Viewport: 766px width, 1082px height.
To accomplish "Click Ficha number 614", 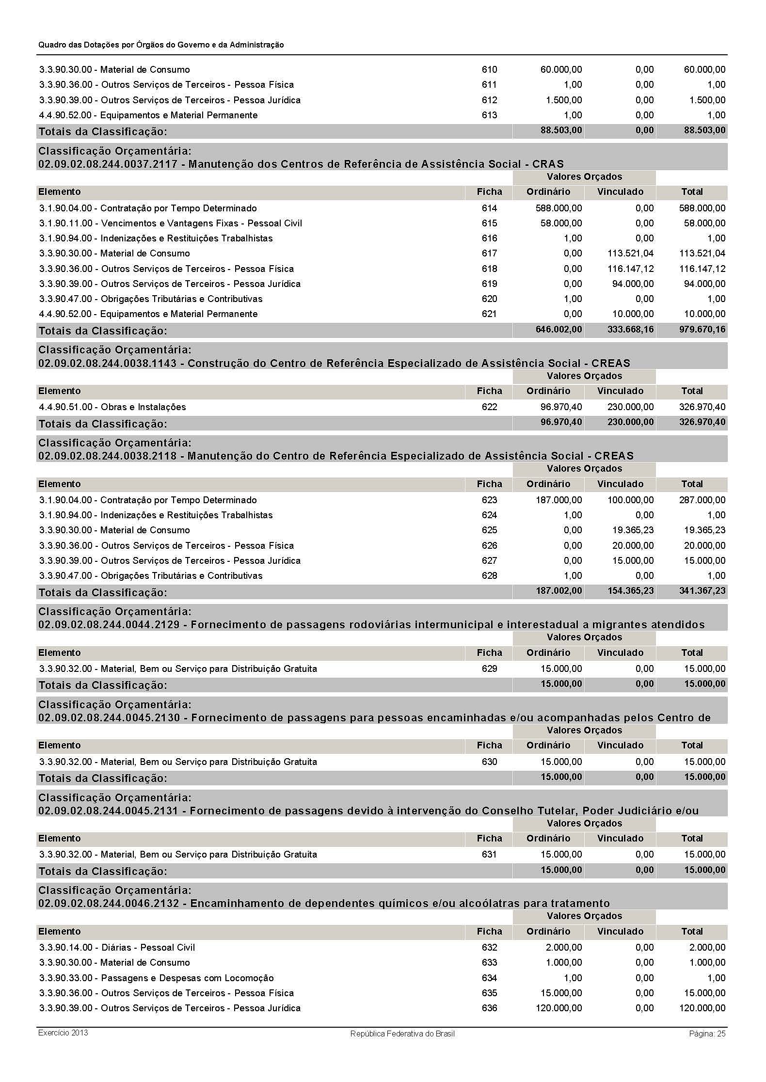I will (489, 208).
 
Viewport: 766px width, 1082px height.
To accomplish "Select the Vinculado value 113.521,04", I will (630, 254).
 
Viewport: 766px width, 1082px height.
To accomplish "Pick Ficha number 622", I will (489, 407).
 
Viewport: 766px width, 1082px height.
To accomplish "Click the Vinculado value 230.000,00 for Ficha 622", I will (630, 407).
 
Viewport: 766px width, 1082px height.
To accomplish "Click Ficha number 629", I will (489, 669).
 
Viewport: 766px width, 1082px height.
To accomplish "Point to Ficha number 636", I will (489, 1008).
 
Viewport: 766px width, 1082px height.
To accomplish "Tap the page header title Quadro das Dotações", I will (161, 45).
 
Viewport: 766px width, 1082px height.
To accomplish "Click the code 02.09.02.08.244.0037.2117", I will (108, 164).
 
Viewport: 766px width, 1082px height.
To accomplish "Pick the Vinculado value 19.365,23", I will (633, 530).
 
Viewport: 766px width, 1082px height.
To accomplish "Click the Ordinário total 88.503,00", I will (561, 130).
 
